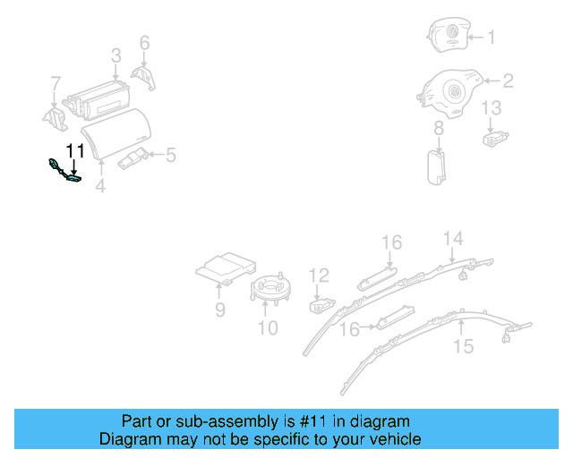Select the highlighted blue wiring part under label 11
pyautogui.click(x=65, y=171)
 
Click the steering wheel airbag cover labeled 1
pyautogui.click(x=449, y=37)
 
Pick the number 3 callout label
pyautogui.click(x=116, y=56)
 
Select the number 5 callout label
pyautogui.click(x=169, y=156)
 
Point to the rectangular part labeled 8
pyautogui.click(x=438, y=166)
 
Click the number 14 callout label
pyautogui.click(x=455, y=238)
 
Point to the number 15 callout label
pyautogui.click(x=463, y=345)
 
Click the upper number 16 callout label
pyautogui.click(x=392, y=242)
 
